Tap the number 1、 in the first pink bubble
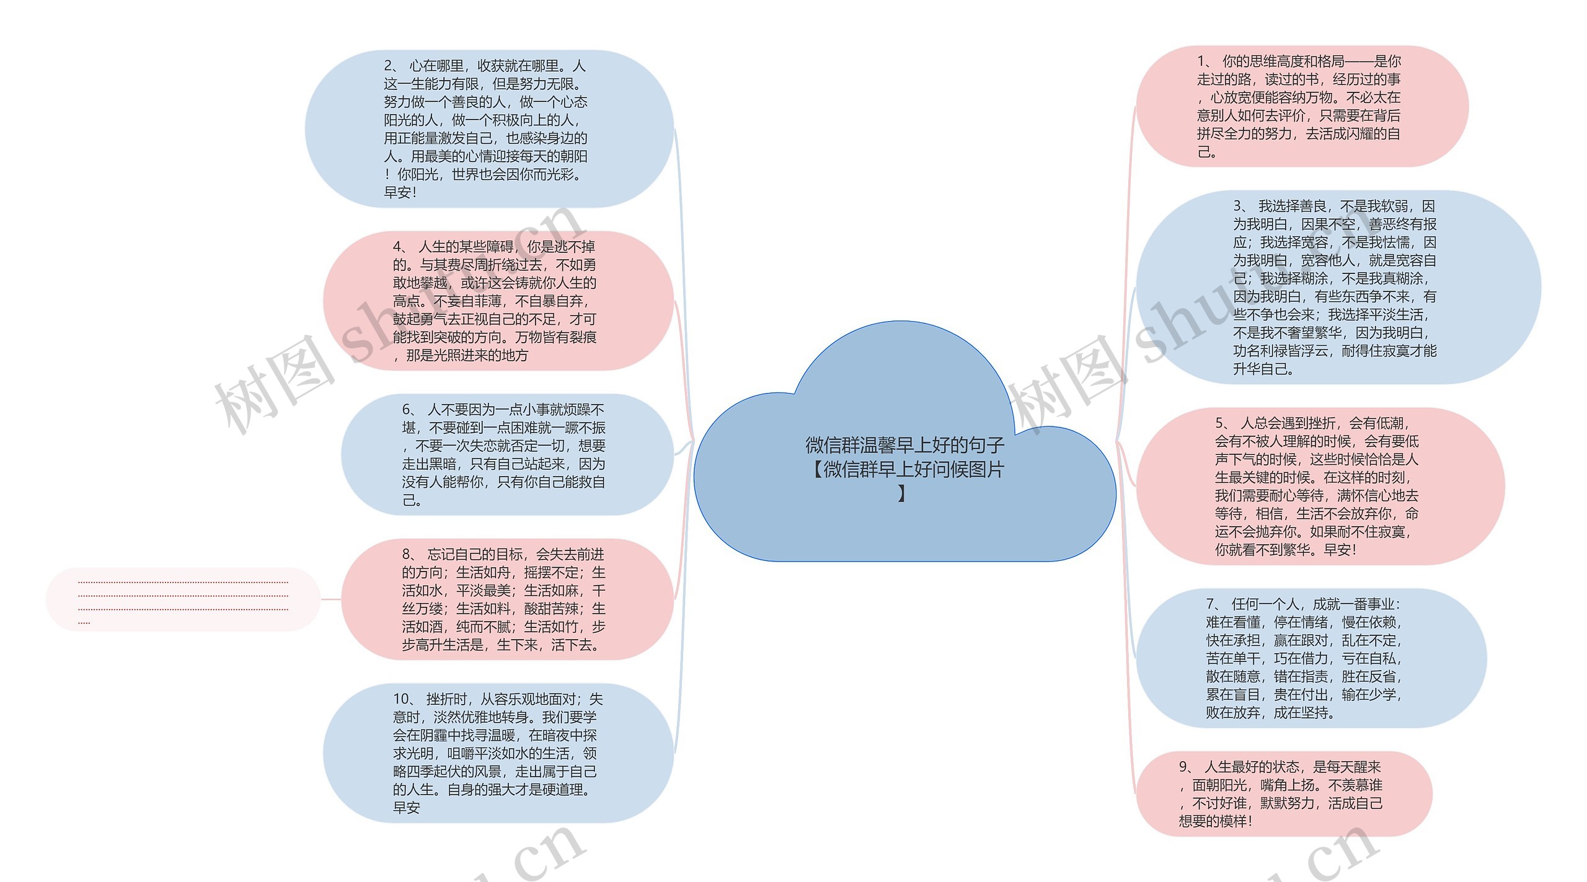(1204, 61)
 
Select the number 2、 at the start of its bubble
(392, 66)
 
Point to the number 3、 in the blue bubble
(1240, 206)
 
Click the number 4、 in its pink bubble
(400, 247)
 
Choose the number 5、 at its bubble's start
(1222, 423)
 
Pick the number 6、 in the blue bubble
(410, 410)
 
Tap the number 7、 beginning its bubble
(1214, 604)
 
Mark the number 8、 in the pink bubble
(410, 554)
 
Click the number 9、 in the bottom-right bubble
(1187, 767)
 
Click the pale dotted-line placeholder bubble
(183, 599)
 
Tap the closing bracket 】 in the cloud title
(902, 493)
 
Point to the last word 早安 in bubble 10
(407, 808)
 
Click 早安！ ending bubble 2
(400, 193)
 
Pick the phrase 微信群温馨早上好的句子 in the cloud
(905, 445)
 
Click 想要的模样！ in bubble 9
(1216, 821)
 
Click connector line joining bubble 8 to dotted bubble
(331, 599)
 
